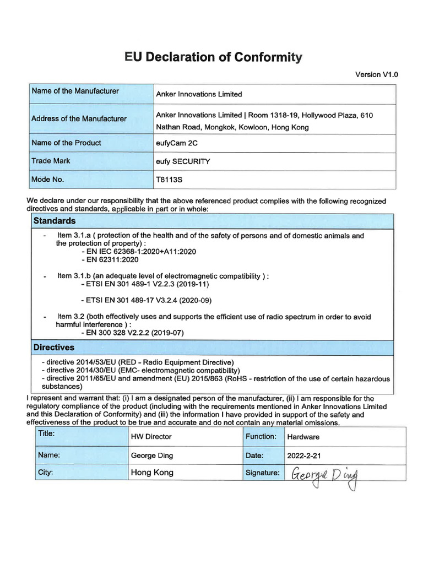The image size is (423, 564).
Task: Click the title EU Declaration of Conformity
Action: point(213,57)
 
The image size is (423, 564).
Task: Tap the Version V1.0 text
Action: point(377,74)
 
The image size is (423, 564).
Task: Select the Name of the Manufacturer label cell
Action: point(75,91)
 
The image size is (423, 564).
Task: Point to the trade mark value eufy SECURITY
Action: point(183,162)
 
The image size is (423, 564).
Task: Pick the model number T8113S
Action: point(169,180)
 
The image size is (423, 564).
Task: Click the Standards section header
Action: point(55,221)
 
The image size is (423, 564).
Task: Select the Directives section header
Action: point(54,348)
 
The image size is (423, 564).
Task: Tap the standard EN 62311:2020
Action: point(110,259)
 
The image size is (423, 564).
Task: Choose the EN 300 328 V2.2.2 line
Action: point(132,333)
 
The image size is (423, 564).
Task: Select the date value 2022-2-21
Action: point(303,455)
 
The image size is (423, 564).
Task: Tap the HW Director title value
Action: point(151,436)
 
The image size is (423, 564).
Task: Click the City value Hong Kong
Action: point(152,473)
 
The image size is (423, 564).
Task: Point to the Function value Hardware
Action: point(303,437)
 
